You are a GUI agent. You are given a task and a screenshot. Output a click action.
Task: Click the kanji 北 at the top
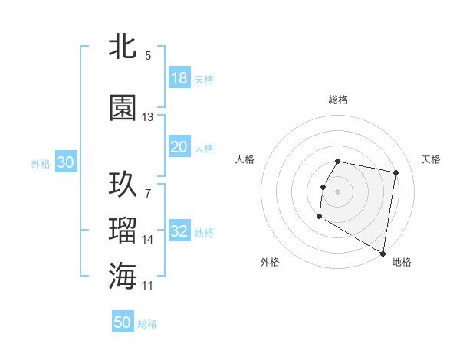tap(123, 47)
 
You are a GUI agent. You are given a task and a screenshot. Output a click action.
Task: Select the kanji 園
tap(123, 108)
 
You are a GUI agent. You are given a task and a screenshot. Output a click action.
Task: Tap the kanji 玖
tap(123, 184)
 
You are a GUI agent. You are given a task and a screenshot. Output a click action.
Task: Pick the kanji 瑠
tap(123, 229)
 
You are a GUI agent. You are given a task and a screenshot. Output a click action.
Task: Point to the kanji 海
tap(123, 275)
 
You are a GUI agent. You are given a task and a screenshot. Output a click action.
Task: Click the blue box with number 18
tap(179, 78)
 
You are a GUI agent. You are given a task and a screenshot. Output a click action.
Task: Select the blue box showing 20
tap(179, 147)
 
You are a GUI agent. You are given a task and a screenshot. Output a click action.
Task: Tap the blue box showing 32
tap(179, 231)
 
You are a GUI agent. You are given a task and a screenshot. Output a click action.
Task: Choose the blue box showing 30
tap(65, 162)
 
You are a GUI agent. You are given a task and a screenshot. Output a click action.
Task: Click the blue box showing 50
tap(123, 322)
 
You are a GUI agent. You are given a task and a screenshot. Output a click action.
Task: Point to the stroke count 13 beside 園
tap(148, 117)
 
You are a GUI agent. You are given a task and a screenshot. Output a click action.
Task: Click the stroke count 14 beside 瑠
tap(148, 240)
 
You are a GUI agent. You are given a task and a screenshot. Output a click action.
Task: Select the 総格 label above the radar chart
tap(338, 100)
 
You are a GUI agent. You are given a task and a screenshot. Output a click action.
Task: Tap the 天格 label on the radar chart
tap(432, 159)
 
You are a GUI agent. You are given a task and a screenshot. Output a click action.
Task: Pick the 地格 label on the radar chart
tap(402, 262)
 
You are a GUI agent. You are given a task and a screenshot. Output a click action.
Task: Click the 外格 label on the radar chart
tap(270, 262)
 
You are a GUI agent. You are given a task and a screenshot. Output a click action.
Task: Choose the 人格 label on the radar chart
tap(245, 159)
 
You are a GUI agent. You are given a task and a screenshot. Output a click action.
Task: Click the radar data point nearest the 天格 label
tap(396, 173)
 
